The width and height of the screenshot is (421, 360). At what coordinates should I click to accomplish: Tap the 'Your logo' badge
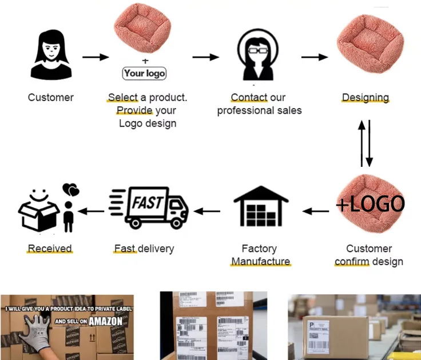point(144,73)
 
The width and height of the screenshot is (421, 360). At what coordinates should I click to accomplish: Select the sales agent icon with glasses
point(258,56)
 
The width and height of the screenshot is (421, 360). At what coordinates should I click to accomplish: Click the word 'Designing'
point(365,98)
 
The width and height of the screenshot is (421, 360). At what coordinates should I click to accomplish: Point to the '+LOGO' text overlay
point(371,204)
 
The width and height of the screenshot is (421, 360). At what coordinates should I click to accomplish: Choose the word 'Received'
point(50,249)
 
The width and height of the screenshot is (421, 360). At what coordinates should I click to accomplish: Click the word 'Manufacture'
point(260,262)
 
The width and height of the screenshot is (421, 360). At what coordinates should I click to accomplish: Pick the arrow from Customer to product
point(96,57)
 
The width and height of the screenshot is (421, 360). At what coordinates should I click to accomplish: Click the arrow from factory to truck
point(207,211)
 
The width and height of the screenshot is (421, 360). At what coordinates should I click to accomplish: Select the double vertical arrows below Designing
point(365,143)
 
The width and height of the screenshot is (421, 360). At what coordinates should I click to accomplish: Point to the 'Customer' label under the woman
point(51,98)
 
